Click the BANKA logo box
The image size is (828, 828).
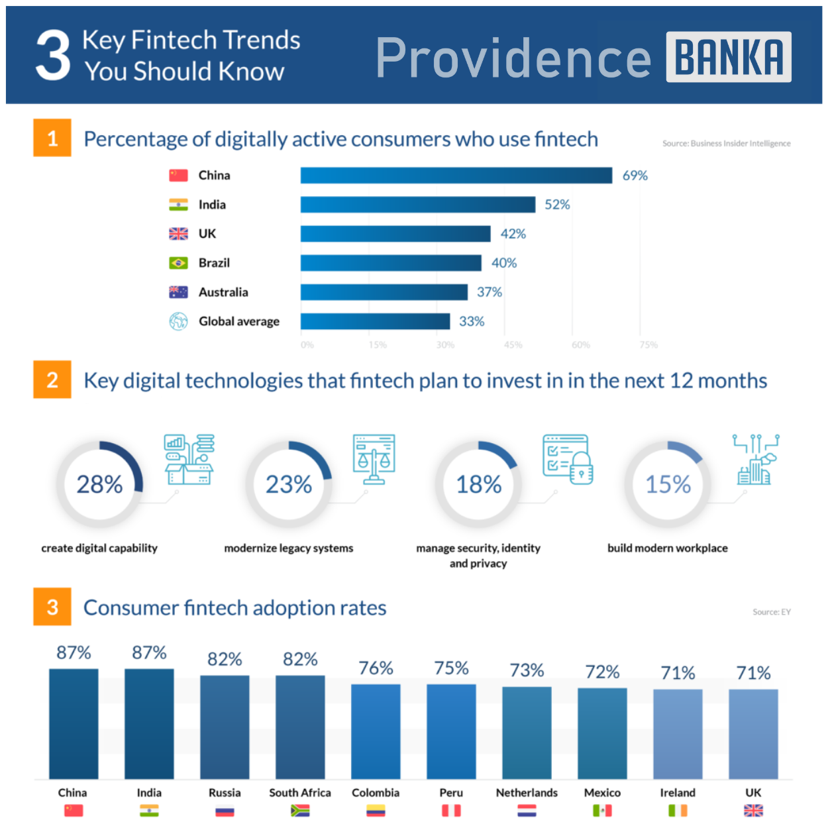coord(728,57)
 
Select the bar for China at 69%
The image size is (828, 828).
coord(456,176)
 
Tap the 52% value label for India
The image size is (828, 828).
coord(557,205)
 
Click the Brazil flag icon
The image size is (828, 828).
coord(178,263)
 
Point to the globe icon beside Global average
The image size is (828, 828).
coord(178,321)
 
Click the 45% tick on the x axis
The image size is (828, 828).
coord(513,345)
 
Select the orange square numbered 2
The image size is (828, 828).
coord(52,380)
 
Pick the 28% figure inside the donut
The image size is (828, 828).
coord(99,484)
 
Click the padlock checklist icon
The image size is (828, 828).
coord(568,459)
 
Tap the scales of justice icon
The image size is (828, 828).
coord(374,459)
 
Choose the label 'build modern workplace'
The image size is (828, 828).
coord(667,548)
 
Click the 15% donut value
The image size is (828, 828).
coord(668,484)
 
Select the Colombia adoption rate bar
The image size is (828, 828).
coord(376,731)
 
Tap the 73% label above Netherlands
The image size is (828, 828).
coord(527,670)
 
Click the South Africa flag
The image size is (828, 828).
coord(300,810)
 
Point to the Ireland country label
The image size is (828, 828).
coord(678,792)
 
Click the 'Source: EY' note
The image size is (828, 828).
coord(771,612)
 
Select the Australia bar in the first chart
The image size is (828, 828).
coord(384,292)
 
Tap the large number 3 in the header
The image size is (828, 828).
coord(53,56)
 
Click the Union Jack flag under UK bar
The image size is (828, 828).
coord(753,810)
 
